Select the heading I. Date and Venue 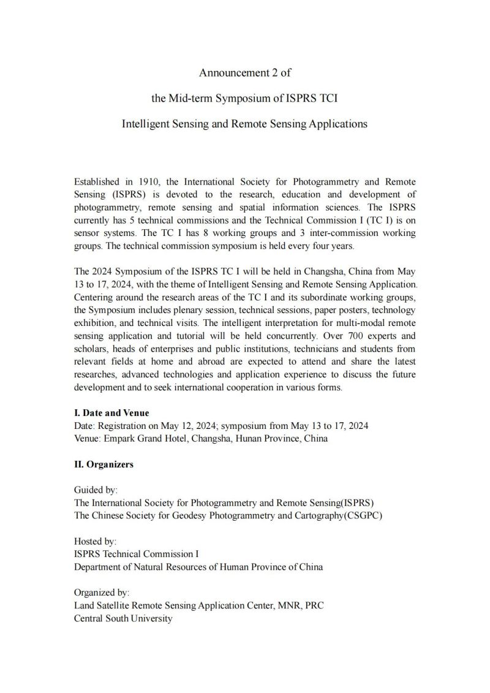(111, 413)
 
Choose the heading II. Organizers (104, 464)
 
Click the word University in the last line (151, 618)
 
